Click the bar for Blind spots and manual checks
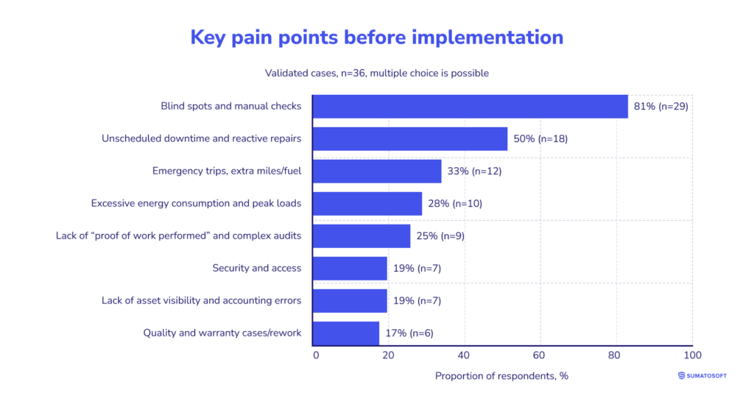pyautogui.click(x=470, y=106)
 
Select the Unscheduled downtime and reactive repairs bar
pyautogui.click(x=409, y=138)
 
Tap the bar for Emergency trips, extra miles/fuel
pyautogui.click(x=376, y=171)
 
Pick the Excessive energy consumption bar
pyautogui.click(x=367, y=203)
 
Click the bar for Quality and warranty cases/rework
pyautogui.click(x=345, y=333)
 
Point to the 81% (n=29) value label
pyautogui.click(x=660, y=106)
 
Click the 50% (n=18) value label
pyautogui.click(x=540, y=138)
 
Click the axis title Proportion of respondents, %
pyautogui.click(x=501, y=376)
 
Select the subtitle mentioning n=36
pyautogui.click(x=376, y=73)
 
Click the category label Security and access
pyautogui.click(x=256, y=268)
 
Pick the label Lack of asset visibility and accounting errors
pyautogui.click(x=201, y=300)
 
